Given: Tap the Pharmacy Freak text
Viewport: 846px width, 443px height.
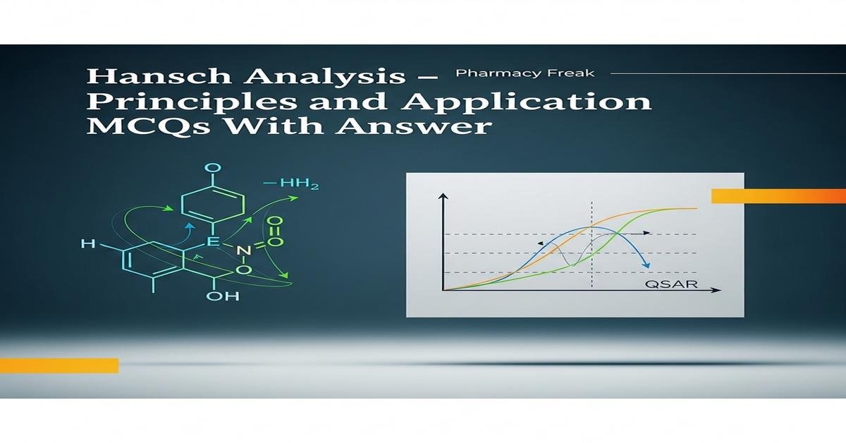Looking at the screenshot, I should (525, 73).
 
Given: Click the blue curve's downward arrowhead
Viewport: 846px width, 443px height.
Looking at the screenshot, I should (645, 263).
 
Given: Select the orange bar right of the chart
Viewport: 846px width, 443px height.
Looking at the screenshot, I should (778, 195).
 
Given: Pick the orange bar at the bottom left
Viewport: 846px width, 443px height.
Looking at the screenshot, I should (59, 365).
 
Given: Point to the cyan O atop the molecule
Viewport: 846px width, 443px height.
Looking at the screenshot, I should (212, 168).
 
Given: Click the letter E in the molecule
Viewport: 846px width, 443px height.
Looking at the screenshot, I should (212, 242).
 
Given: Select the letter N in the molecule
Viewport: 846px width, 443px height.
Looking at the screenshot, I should (242, 251).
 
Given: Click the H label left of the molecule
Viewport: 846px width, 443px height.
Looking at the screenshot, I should (88, 244).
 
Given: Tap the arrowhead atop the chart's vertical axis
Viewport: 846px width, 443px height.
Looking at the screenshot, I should (443, 198).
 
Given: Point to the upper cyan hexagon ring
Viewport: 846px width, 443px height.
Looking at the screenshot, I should (213, 205).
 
